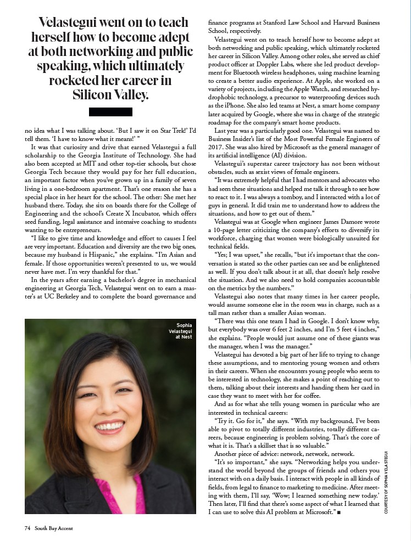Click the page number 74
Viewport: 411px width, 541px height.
coord(26,528)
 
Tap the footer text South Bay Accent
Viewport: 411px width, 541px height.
coord(53,528)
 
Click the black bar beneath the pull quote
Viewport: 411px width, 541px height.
coord(110,112)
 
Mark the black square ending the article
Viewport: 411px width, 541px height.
coord(340,512)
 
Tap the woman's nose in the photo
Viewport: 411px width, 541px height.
coord(109,404)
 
